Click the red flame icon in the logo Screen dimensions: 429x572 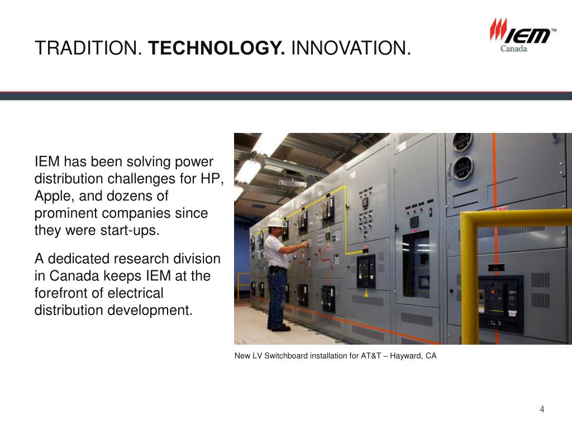point(498,30)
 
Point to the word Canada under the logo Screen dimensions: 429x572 point(514,49)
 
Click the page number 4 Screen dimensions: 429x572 point(542,410)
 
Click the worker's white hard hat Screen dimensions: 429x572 point(275,222)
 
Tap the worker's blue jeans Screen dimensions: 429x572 point(277,296)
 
